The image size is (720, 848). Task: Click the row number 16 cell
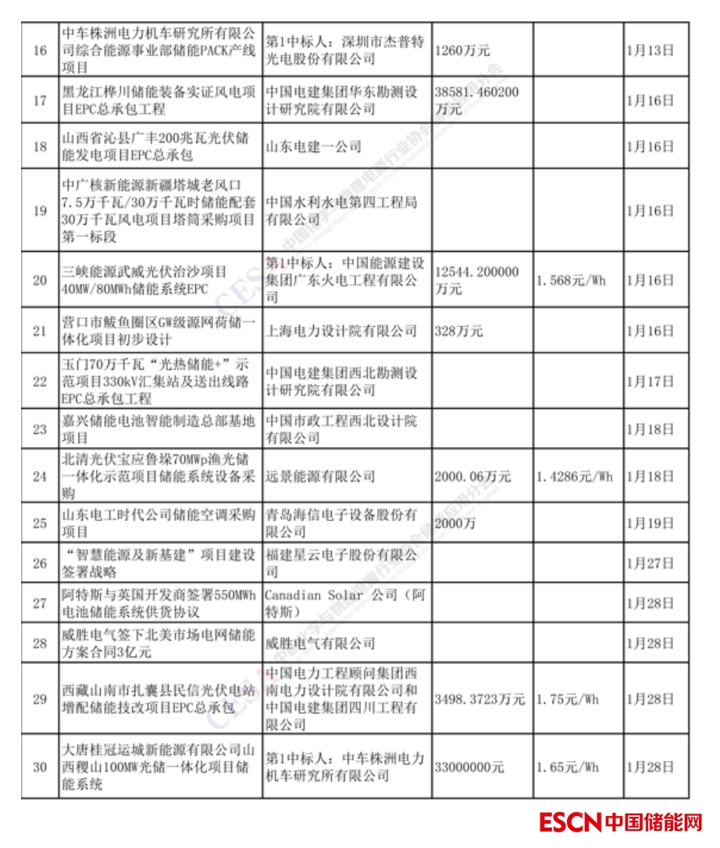[40, 51]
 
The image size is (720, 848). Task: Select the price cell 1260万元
[461, 51]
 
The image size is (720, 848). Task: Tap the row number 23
[40, 428]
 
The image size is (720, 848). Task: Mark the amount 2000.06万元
[472, 476]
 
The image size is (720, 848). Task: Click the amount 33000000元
[469, 767]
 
